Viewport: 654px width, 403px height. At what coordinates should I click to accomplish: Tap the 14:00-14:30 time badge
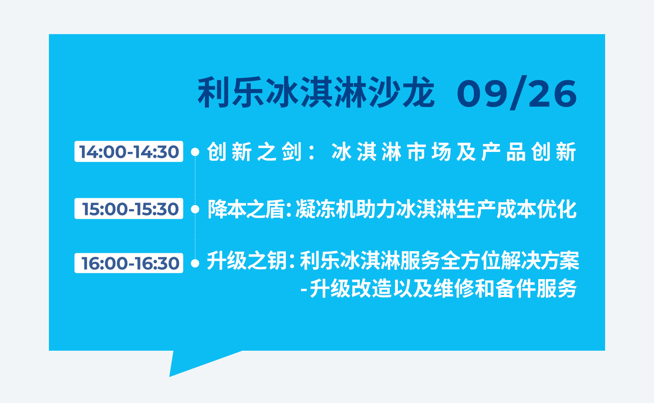(x=129, y=151)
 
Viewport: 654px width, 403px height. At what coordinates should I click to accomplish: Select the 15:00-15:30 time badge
(x=129, y=208)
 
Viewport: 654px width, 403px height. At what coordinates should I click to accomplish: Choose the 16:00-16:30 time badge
(x=129, y=263)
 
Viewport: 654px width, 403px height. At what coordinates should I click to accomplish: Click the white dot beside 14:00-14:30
(x=195, y=152)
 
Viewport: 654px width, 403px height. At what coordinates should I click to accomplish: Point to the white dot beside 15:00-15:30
(x=195, y=209)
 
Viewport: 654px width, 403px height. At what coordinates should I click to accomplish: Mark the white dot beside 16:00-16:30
(x=195, y=263)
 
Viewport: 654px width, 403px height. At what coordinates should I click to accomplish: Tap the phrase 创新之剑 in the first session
(x=254, y=152)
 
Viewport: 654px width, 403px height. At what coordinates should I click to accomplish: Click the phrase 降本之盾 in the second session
(x=246, y=209)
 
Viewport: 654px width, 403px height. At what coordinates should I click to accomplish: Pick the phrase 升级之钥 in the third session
(x=247, y=261)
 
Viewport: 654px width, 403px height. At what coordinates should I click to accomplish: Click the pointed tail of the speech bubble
(x=170, y=376)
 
